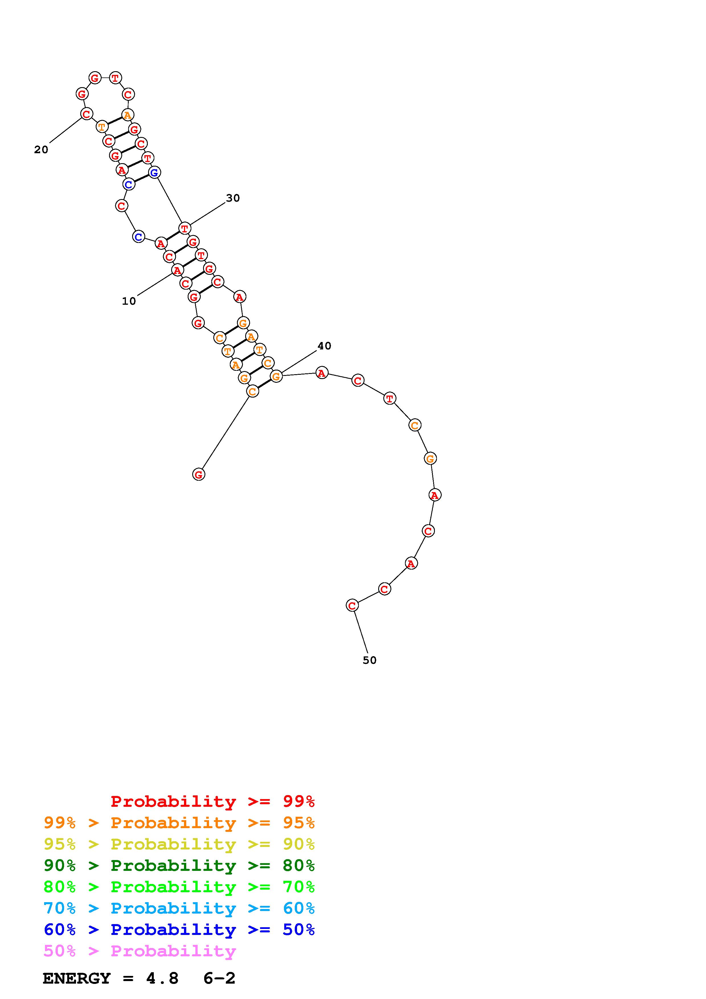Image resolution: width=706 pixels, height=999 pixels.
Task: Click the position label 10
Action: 129,301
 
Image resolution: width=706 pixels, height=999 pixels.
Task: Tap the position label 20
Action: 41,150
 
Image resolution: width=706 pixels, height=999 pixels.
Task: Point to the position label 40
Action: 324,346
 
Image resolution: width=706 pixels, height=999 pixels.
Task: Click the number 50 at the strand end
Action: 369,660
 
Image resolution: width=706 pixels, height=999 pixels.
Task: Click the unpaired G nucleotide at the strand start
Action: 199,474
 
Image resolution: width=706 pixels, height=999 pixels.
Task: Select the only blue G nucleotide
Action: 154,172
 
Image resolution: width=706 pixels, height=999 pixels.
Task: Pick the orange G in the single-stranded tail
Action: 430,458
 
